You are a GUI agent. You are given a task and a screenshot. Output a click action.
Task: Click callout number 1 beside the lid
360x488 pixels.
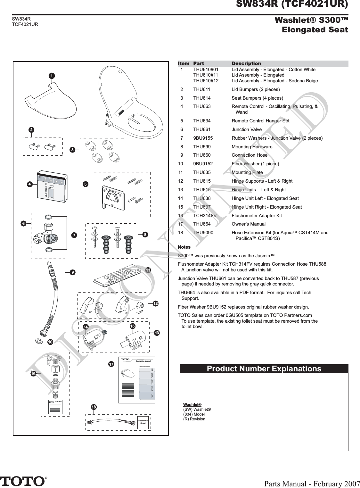[x=51, y=76]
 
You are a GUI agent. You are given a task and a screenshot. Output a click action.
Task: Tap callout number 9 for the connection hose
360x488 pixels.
[x=73, y=272]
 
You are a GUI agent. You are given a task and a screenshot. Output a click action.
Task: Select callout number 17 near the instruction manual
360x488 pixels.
[x=111, y=364]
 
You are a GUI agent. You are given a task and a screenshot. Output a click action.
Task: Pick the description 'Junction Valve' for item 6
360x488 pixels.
[x=247, y=129]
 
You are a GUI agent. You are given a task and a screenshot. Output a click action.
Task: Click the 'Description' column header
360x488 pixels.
[x=246, y=64]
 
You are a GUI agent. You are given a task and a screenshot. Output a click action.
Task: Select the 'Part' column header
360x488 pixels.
[x=199, y=64]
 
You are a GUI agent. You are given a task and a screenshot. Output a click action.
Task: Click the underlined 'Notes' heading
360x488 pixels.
[x=184, y=247]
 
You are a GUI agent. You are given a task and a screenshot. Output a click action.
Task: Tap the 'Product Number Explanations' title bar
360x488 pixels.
[x=264, y=369]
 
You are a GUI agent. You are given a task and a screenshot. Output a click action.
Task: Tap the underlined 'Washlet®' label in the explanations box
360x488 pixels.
[x=192, y=405]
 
